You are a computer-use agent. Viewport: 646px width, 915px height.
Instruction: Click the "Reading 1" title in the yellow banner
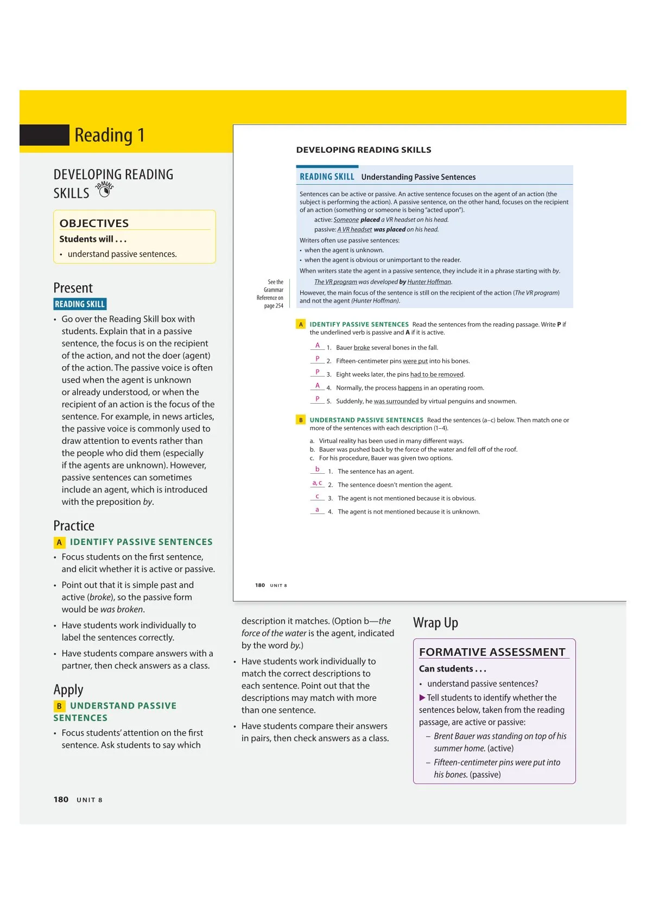click(109, 135)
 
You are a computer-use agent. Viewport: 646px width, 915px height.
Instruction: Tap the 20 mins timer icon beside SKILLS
click(104, 189)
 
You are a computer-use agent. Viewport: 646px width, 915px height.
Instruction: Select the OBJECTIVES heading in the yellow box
click(94, 223)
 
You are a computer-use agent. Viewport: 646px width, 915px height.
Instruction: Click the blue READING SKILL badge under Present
click(80, 304)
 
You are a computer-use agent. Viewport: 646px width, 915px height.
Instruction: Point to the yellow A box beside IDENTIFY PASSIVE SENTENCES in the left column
click(59, 542)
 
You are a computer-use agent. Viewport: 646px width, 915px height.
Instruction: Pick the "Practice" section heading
click(74, 526)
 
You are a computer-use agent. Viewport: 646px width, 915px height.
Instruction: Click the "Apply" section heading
click(68, 690)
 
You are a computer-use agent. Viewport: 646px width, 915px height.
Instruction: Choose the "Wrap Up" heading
click(435, 623)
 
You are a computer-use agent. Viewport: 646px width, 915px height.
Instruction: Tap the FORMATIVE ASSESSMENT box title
click(492, 652)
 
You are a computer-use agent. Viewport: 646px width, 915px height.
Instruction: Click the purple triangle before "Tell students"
click(422, 698)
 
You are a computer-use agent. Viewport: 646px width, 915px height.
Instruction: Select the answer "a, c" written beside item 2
click(317, 483)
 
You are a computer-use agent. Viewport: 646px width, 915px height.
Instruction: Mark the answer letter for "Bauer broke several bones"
click(318, 346)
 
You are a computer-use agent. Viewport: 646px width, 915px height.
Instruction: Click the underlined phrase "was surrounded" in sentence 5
click(396, 402)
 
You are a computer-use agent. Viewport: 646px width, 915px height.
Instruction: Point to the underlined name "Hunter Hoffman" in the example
click(429, 282)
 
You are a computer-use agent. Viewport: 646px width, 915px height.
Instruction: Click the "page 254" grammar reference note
click(274, 306)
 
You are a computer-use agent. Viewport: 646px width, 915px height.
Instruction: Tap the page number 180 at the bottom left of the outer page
click(61, 800)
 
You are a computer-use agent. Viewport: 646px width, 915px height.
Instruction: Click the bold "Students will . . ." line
click(93, 239)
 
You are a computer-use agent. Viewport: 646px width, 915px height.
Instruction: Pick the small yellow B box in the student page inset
click(301, 420)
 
